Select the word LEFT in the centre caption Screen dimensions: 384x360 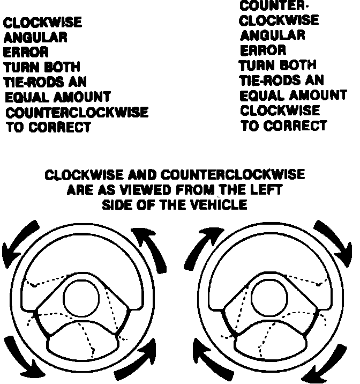[x=264, y=190]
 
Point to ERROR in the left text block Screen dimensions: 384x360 [x=26, y=53]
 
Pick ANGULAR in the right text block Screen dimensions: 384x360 [x=272, y=36]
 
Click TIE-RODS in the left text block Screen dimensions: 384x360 [x=33, y=82]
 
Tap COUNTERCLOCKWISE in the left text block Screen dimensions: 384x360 [x=77, y=113]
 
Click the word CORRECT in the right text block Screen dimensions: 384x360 [x=299, y=126]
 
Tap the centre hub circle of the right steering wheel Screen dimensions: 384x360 [x=267, y=297]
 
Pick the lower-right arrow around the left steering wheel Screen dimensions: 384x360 [x=138, y=358]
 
